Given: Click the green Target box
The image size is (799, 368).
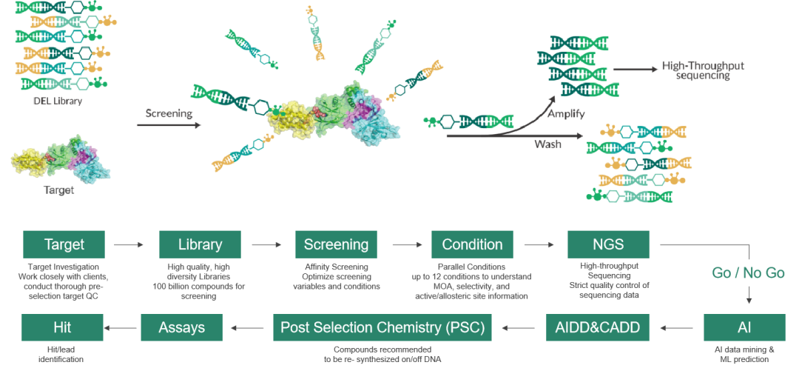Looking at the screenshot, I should point(64,244).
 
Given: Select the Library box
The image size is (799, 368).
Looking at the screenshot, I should point(200,244).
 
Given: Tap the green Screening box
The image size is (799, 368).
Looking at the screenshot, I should point(336,244).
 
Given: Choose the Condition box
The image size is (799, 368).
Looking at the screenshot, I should point(472,244).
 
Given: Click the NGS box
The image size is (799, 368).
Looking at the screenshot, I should point(608,244).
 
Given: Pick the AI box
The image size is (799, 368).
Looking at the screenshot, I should point(744,327).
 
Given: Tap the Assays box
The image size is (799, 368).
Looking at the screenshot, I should point(182,327).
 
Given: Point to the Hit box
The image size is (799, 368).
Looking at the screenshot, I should point(62,327).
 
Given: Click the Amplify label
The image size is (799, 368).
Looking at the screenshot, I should point(567,113).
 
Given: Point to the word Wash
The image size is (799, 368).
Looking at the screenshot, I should point(548,144).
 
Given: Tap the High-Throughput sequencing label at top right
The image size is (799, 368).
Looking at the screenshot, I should point(704,70).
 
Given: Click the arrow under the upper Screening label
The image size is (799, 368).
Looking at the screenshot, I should point(169,126).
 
